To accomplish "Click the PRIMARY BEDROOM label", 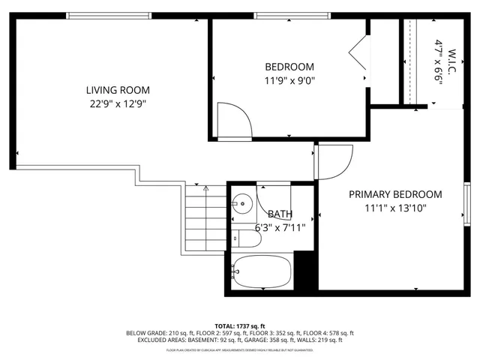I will tap(395, 194).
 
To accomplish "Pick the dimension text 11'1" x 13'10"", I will tap(395, 208).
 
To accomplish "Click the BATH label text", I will tap(280, 214).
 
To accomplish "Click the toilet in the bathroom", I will tap(247, 239).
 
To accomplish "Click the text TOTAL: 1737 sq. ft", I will tap(239, 325).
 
